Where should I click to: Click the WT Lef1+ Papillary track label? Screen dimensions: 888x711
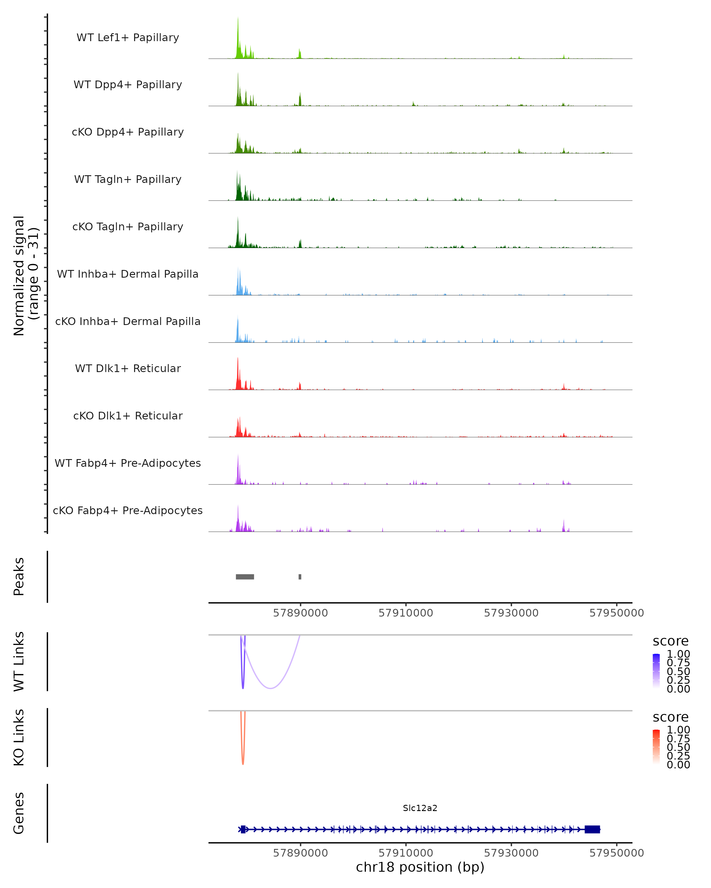pyautogui.click(x=128, y=38)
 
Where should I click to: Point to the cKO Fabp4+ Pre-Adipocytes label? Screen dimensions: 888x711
pyautogui.click(x=128, y=510)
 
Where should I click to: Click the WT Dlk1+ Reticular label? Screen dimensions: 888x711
pyautogui.click(x=128, y=368)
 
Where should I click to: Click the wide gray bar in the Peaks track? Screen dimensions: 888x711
pyautogui.click(x=245, y=577)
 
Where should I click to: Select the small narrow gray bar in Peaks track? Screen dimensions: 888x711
pyautogui.click(x=300, y=577)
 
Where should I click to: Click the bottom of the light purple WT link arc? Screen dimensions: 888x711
pyautogui.click(x=270, y=688)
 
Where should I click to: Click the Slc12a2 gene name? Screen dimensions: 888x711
pyautogui.click(x=420, y=808)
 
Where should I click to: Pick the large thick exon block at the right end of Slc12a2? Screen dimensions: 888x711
pyautogui.click(x=592, y=829)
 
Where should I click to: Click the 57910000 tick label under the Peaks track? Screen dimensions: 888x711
pyautogui.click(x=406, y=613)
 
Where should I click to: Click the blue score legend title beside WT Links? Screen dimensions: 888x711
pyautogui.click(x=671, y=641)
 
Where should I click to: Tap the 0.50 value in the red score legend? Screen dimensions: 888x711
pyautogui.click(x=678, y=747)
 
